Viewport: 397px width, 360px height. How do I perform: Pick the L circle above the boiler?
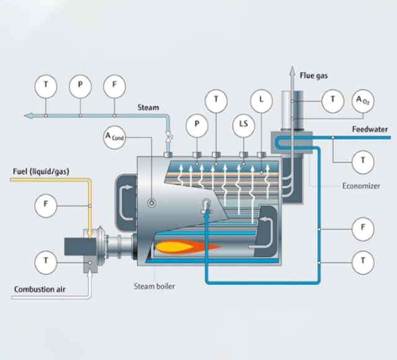[261, 99]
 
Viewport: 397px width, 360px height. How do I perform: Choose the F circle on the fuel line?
[45, 204]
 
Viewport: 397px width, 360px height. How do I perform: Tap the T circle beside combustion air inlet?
[45, 262]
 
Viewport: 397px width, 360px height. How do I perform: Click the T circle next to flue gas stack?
[333, 99]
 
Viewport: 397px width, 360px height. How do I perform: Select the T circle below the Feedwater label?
[362, 162]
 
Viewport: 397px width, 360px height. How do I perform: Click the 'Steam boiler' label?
[154, 286]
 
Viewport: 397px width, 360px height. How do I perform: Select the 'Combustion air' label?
[42, 289]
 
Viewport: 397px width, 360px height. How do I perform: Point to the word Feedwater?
[370, 130]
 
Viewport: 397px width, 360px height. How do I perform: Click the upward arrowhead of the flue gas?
[290, 71]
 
